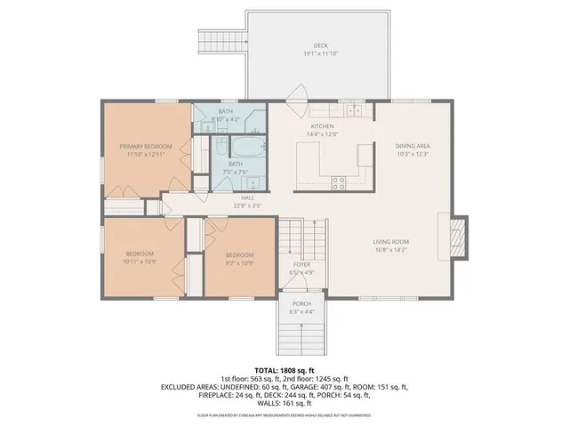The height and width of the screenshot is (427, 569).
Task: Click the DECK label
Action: point(320,45)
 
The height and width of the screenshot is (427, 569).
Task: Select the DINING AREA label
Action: point(413,146)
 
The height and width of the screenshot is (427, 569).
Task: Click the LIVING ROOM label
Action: point(390,241)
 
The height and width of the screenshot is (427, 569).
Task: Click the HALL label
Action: point(247,198)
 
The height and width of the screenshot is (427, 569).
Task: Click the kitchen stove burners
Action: point(339,183)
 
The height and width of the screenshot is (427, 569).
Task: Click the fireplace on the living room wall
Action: point(457,237)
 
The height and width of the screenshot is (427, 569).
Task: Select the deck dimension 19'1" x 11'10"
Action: point(320,53)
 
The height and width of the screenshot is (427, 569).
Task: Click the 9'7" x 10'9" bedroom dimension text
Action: point(239,262)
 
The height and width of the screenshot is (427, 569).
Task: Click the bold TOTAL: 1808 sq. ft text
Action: point(284,369)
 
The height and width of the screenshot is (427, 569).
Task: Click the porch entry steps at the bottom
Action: point(301,336)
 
